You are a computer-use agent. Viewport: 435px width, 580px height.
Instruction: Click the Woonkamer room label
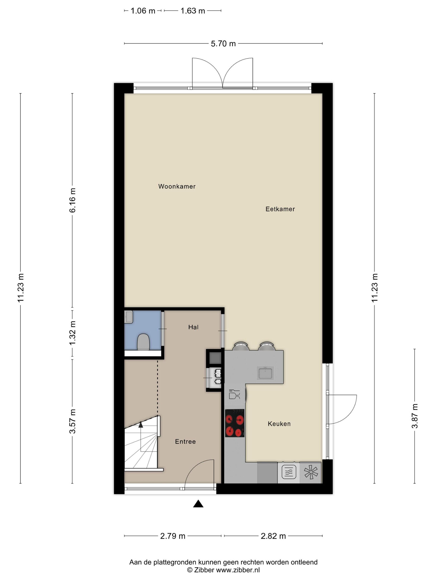pos(177,186)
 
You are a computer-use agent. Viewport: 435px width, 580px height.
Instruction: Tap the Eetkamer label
pos(280,209)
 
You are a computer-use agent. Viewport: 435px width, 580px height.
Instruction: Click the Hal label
pos(193,327)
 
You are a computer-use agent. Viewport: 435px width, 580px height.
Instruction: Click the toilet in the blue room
pos(143,342)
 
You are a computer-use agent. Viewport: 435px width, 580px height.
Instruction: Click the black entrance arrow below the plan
pos(198,504)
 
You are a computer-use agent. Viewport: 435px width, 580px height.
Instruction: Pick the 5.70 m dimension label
pos(223,43)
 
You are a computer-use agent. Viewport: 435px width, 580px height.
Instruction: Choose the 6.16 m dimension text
pos(72,200)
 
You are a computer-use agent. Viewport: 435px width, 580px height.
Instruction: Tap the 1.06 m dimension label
pos(143,11)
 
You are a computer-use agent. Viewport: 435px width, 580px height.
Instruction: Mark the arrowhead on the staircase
pos(141,424)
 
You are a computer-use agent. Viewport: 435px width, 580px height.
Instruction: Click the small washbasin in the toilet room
pos(129,317)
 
